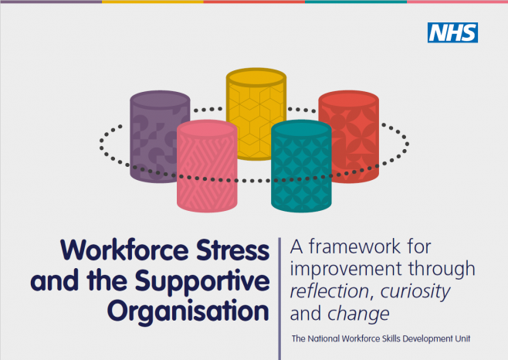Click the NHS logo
tap(452, 32)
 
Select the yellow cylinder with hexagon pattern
tap(256, 114)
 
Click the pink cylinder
tap(207, 166)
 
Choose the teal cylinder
tap(301, 166)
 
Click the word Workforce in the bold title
tap(124, 250)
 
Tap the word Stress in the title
tap(233, 250)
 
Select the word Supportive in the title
tap(202, 281)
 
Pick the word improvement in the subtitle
tap(346, 269)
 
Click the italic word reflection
tap(330, 291)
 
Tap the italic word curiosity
tap(415, 292)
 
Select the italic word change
tap(359, 314)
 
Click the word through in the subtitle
tap(442, 270)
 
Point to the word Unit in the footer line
tap(462, 338)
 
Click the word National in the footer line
tap(323, 338)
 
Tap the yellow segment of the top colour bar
tap(153, 2)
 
